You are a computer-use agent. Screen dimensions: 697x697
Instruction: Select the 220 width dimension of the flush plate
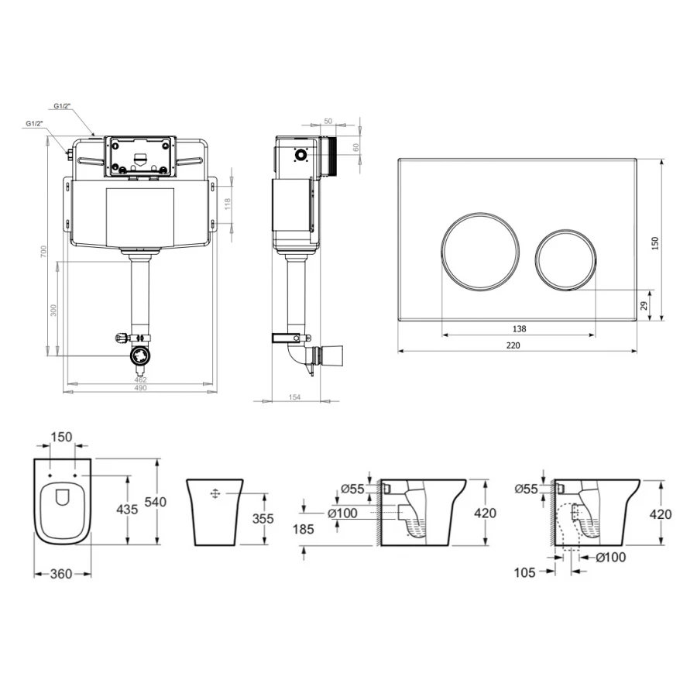pyautogui.click(x=513, y=345)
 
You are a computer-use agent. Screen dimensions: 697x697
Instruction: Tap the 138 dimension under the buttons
pyautogui.click(x=519, y=329)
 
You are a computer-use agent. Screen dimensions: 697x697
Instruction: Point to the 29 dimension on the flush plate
pyautogui.click(x=644, y=305)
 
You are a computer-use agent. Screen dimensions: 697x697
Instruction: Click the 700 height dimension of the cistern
pyautogui.click(x=43, y=252)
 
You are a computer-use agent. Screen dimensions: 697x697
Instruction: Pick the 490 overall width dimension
pyautogui.click(x=140, y=388)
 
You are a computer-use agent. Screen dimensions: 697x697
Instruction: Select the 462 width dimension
pyautogui.click(x=140, y=379)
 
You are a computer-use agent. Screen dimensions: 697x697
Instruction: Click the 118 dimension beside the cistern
pyautogui.click(x=228, y=204)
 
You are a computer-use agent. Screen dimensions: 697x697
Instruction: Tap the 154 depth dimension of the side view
pyautogui.click(x=295, y=397)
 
